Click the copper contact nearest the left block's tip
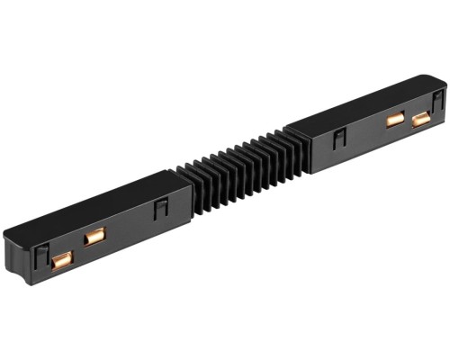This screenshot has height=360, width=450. tap(61, 261)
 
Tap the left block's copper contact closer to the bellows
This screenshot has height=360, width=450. tap(94, 237)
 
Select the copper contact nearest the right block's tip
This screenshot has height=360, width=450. tap(420, 118)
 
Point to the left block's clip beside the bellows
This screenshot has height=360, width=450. tap(161, 209)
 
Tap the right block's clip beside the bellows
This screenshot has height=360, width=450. tap(339, 138)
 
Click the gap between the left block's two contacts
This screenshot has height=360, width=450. tap(77, 249)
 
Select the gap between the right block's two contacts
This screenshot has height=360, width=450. tap(408, 118)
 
